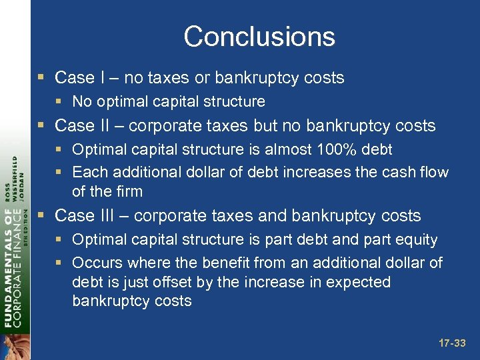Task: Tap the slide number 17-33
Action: coord(452,344)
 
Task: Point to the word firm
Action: coord(127,191)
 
